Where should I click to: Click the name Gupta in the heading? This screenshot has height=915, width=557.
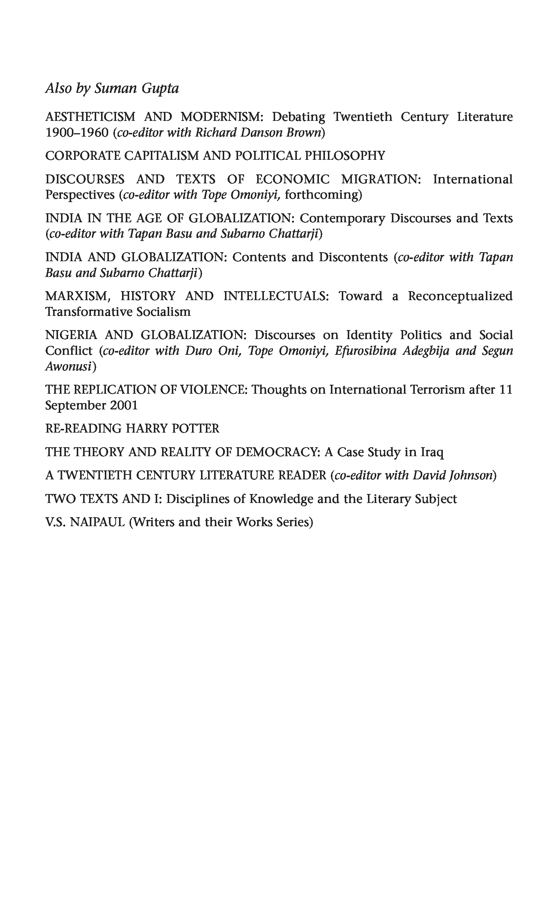[159, 89]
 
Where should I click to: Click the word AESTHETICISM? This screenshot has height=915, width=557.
[90, 117]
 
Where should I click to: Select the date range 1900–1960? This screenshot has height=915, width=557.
[76, 133]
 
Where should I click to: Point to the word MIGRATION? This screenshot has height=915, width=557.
[381, 179]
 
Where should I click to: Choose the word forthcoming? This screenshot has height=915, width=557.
[323, 195]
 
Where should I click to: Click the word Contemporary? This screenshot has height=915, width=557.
[342, 218]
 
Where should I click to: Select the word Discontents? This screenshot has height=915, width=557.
[353, 257]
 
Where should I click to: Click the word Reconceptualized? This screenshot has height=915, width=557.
[460, 296]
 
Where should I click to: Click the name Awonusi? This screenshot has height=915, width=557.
[69, 367]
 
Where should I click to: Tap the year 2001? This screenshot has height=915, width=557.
[124, 405]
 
